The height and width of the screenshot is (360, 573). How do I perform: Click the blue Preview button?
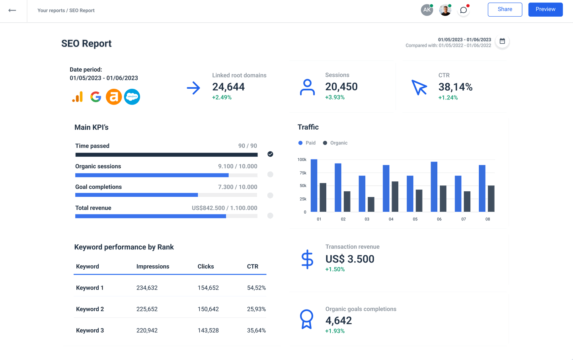click(545, 10)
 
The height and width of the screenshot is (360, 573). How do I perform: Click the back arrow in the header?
click(12, 10)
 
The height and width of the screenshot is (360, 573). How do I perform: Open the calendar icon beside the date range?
click(502, 41)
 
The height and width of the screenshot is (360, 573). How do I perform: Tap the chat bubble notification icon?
click(463, 10)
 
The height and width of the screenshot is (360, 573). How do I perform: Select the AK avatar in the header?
click(427, 10)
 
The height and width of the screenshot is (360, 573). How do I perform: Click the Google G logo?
click(95, 97)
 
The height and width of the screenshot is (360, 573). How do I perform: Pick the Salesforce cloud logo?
click(132, 97)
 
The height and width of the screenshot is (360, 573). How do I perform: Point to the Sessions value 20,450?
click(341, 87)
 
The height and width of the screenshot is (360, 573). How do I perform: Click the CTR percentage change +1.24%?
click(448, 98)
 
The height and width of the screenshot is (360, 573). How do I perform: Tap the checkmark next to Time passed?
click(270, 154)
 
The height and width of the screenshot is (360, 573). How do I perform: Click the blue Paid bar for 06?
click(434, 187)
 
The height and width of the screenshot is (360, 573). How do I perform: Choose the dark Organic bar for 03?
click(371, 204)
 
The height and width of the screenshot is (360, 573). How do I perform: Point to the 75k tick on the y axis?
click(303, 173)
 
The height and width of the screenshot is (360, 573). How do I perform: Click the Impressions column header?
click(153, 267)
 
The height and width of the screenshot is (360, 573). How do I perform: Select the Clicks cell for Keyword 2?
click(208, 309)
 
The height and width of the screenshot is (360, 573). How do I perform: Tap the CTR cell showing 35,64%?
click(256, 331)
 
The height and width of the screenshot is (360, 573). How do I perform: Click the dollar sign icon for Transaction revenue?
click(307, 259)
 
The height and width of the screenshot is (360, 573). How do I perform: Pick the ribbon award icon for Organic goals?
click(306, 319)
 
